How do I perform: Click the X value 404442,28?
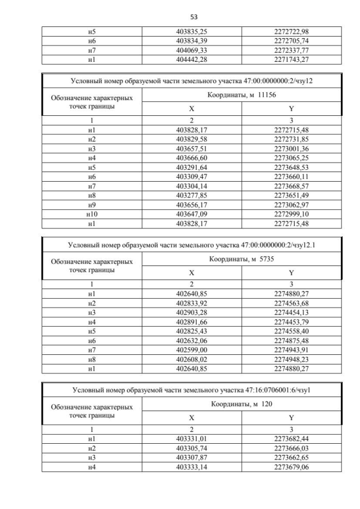click(192, 59)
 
